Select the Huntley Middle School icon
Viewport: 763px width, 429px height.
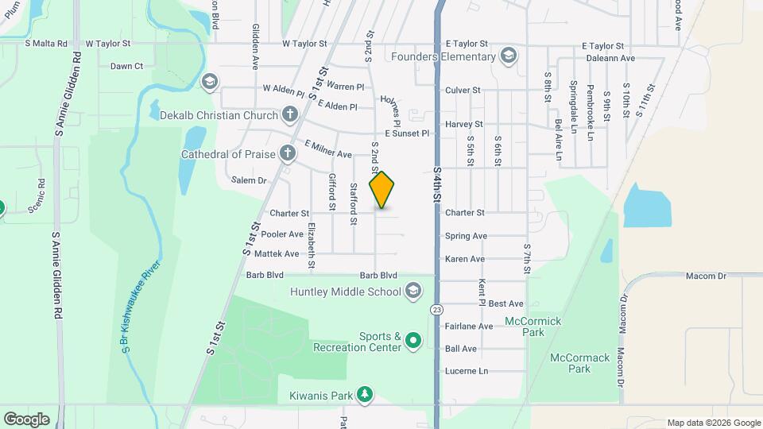[412, 292]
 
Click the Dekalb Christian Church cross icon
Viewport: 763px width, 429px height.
[289, 116]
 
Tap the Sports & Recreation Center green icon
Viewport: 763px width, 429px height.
[413, 342]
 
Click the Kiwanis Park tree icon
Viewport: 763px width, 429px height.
[365, 395]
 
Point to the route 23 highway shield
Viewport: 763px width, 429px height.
[436, 308]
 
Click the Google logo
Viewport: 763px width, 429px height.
[26, 419]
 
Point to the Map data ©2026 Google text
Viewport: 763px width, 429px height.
[714, 423]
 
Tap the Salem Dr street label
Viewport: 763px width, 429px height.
[249, 181]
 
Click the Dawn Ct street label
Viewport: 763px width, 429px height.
[126, 67]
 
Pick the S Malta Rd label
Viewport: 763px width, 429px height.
[47, 44]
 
